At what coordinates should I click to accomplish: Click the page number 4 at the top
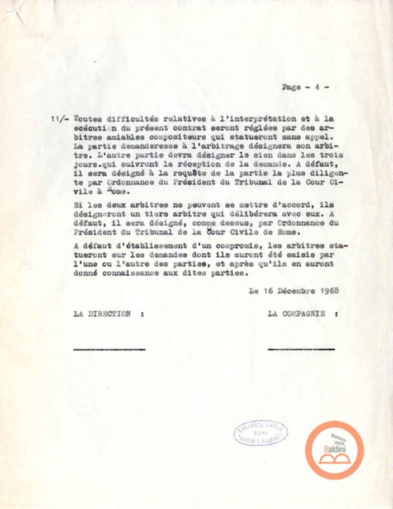click(317, 87)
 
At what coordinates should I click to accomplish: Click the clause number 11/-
click(59, 119)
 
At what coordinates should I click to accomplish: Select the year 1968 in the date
click(329, 291)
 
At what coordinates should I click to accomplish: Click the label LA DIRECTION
click(102, 314)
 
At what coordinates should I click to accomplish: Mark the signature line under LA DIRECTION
click(109, 350)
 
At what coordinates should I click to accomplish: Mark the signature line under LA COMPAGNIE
click(301, 350)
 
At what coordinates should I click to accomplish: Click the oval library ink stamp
click(260, 433)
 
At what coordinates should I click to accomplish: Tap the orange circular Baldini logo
click(334, 450)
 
